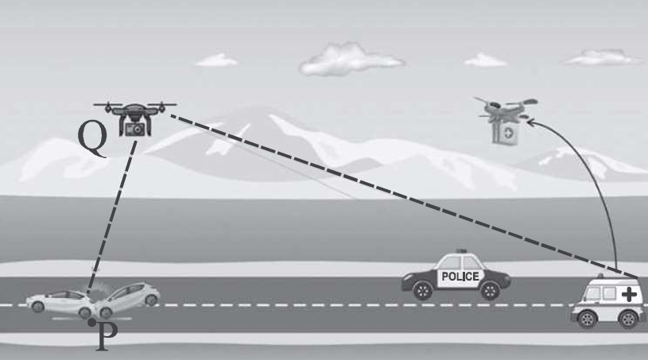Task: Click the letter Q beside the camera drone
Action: tap(92, 138)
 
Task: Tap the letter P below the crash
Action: tap(107, 336)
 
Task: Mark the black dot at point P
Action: tap(91, 322)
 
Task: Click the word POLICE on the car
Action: tap(460, 277)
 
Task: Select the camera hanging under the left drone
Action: tap(135, 129)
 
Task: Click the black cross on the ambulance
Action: tap(629, 294)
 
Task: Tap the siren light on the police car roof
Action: tap(461, 250)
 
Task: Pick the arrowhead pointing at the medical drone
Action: tap(532, 122)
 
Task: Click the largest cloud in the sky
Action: tap(351, 60)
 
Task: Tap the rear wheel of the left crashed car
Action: tap(37, 307)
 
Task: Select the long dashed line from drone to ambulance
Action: tap(405, 196)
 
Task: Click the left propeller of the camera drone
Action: tap(108, 105)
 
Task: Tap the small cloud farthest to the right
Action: tap(603, 58)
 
